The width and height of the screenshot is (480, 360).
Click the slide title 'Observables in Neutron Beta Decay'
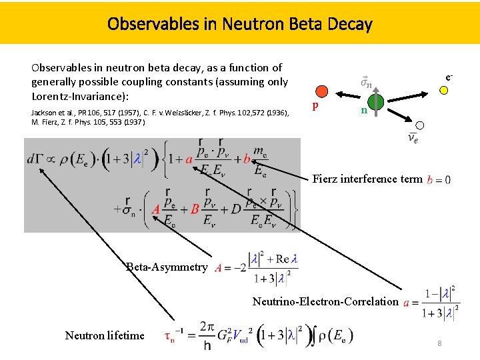point(240,25)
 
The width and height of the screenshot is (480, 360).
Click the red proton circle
point(321,91)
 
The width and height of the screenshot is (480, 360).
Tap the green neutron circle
point(375,99)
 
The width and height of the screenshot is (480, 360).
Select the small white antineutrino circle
point(420,125)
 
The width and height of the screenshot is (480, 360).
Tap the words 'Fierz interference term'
point(367,179)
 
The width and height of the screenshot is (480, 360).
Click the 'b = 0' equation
point(438,179)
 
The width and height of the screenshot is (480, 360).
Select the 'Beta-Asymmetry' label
point(167,267)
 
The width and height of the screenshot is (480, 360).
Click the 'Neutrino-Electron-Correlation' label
point(325,301)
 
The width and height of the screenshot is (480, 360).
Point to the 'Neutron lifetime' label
point(105,335)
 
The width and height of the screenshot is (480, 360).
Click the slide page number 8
point(439,343)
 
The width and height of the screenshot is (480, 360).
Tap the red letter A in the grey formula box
point(155,209)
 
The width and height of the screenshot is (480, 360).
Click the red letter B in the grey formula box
point(195,209)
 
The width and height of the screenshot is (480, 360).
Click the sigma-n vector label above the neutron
point(366,83)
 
